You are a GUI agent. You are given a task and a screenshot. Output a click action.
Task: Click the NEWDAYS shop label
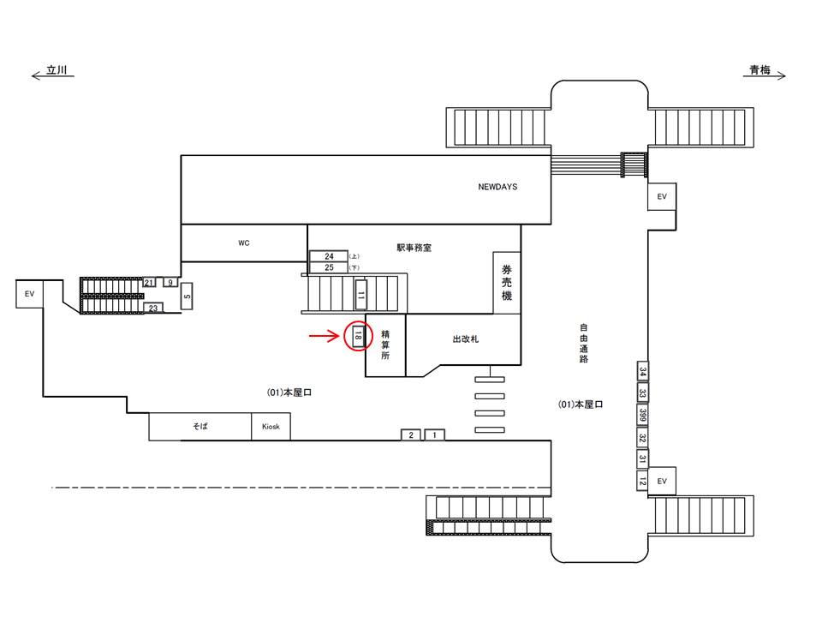497,187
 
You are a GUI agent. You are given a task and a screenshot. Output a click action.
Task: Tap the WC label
243,243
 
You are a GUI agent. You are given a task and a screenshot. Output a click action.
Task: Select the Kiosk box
271,427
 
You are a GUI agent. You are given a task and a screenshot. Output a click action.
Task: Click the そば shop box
200,427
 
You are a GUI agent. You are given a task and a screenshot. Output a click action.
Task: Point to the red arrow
325,336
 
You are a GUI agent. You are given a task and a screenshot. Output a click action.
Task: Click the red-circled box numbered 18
358,337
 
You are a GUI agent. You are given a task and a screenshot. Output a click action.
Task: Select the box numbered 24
328,256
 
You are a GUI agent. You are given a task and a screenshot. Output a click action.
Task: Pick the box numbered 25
328,267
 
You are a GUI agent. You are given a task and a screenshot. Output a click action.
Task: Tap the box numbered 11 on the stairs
361,294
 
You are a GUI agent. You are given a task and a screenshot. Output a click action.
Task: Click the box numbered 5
187,297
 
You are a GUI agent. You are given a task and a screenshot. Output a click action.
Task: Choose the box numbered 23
153,308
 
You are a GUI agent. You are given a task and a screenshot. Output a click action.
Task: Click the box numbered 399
642,416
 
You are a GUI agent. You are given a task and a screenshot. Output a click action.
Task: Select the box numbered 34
642,372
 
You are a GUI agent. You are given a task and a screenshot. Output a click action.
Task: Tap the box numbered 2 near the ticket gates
411,435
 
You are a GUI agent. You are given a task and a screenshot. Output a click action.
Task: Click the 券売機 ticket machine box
506,282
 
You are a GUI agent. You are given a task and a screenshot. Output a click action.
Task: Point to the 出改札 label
465,339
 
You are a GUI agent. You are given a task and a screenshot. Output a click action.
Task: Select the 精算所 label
385,344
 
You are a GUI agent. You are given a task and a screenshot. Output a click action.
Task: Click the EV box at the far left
30,294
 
